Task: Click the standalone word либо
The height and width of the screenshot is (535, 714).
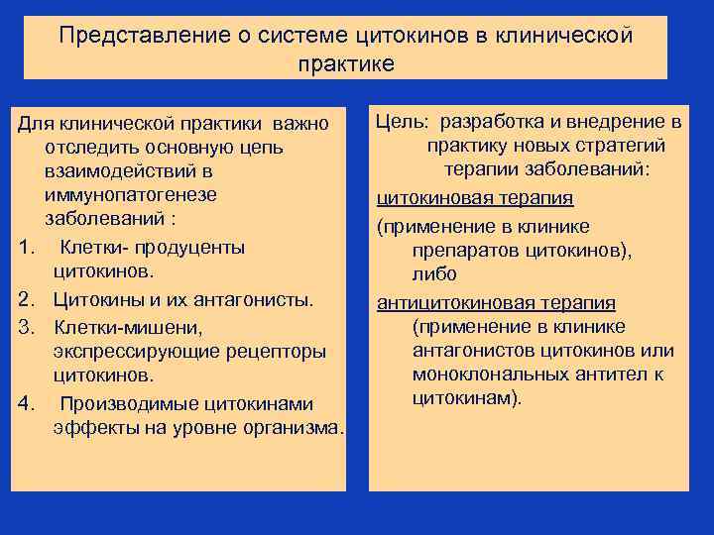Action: pos(433,273)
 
